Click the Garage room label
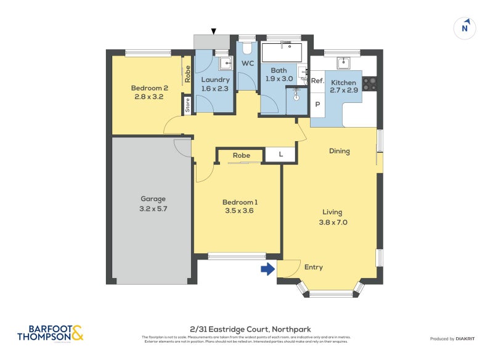pyautogui.click(x=153, y=199)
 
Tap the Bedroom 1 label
pyautogui.click(x=240, y=202)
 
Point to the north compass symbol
pyautogui.click(x=465, y=28)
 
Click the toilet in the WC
pyautogui.click(x=247, y=48)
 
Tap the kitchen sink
pyautogui.click(x=343, y=62)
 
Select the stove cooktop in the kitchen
pyautogui.click(x=369, y=83)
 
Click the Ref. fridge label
pyautogui.click(x=317, y=81)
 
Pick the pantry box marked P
pyautogui.click(x=317, y=104)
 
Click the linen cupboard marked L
pyautogui.click(x=280, y=155)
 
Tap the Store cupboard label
pyautogui.click(x=187, y=105)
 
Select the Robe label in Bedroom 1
pyautogui.click(x=242, y=155)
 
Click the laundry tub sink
pyautogui.click(x=225, y=62)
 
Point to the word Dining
pyautogui.click(x=339, y=151)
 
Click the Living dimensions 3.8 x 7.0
pyautogui.click(x=333, y=223)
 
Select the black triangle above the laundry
pyautogui.click(x=214, y=31)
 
